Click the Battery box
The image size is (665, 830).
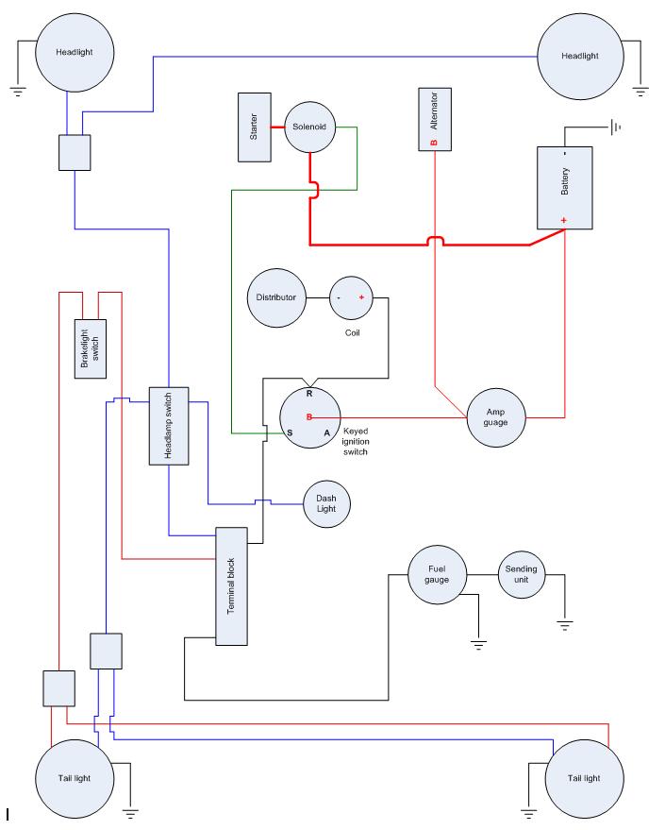[564, 187]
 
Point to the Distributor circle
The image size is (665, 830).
[276, 297]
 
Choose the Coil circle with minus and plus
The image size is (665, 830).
[351, 297]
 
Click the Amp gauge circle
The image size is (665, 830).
[496, 415]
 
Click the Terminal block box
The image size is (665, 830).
[231, 585]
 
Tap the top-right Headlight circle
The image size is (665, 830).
[579, 56]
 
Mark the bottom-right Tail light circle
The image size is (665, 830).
[584, 778]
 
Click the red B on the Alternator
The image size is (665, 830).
[434, 143]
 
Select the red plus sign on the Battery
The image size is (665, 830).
[563, 220]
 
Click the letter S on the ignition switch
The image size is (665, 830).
[290, 432]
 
